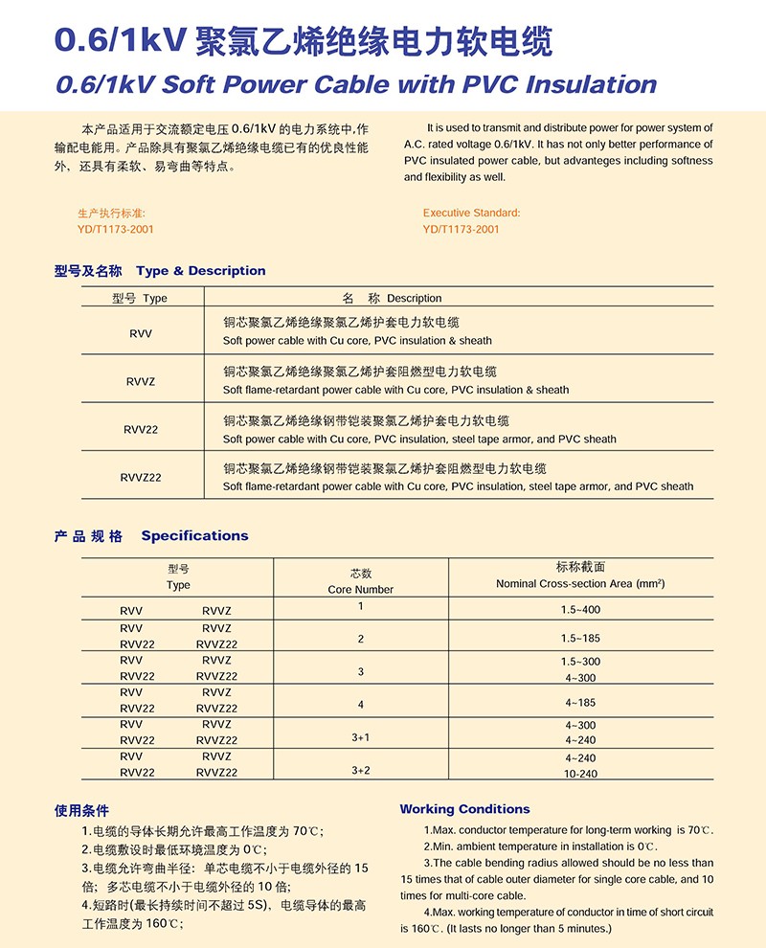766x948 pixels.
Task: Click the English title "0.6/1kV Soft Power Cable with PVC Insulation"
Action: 356,84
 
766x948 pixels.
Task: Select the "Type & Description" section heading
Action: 201,271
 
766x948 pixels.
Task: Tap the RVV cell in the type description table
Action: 140,332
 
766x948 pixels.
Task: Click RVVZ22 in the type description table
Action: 141,477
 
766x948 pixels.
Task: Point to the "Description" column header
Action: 414,298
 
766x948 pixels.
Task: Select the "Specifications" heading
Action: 194,535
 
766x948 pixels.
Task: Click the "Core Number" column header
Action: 360,589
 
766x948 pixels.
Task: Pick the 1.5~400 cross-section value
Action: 581,610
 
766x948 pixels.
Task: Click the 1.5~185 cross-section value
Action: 581,638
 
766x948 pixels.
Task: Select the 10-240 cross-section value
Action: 580,774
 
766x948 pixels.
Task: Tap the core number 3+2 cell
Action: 360,770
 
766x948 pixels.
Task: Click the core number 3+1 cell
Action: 360,737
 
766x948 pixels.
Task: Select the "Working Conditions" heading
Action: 464,809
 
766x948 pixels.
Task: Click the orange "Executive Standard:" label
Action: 471,213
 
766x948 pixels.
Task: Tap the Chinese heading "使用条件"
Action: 82,810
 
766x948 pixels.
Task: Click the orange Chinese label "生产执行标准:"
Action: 111,213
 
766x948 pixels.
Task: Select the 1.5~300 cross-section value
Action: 580,662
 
